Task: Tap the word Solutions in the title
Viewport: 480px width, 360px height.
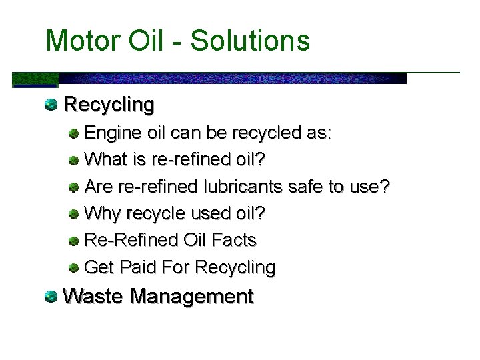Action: click(250, 41)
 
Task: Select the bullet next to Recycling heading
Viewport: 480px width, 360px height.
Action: click(51, 104)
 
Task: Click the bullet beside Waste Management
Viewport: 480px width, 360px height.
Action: click(51, 295)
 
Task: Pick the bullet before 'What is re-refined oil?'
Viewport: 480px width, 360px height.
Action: click(75, 160)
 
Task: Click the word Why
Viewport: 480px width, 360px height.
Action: click(101, 213)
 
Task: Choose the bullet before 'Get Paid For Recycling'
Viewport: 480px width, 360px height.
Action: click(75, 267)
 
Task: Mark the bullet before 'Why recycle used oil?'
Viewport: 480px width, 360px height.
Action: click(75, 213)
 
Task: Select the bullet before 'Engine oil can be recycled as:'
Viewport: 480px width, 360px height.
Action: click(75, 133)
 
